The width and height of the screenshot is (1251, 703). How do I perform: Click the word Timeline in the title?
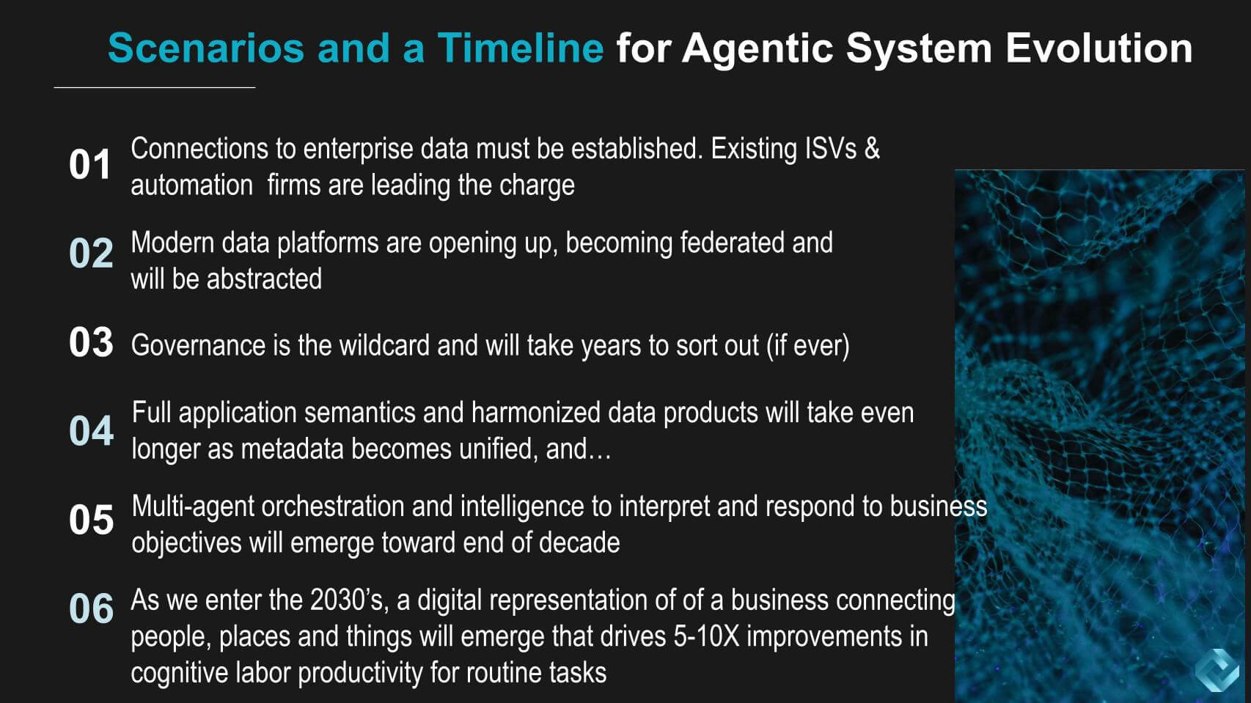click(520, 48)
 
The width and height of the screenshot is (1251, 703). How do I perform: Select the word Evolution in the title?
click(1098, 48)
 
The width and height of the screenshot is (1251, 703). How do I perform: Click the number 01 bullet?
click(89, 164)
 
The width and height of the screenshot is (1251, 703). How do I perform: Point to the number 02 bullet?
click(91, 254)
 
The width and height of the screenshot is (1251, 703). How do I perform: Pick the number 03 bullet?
click(91, 342)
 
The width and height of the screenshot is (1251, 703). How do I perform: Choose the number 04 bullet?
click(91, 431)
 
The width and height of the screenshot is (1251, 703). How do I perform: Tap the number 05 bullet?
click(91, 520)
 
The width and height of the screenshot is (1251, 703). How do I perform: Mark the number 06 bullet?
click(91, 608)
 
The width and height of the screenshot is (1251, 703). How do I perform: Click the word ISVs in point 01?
click(831, 149)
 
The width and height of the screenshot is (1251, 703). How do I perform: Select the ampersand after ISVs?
click(872, 149)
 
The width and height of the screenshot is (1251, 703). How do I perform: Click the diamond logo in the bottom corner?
click(1217, 670)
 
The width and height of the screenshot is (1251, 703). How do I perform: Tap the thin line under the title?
click(155, 87)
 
